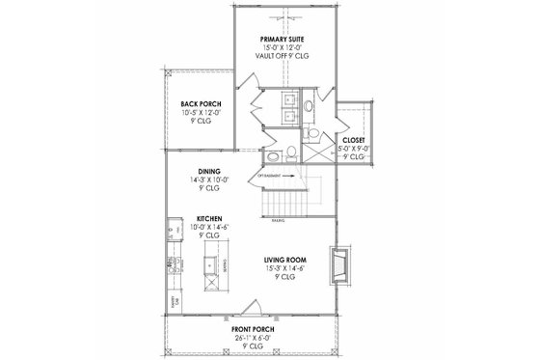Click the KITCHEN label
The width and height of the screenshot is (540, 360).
[x=210, y=219]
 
